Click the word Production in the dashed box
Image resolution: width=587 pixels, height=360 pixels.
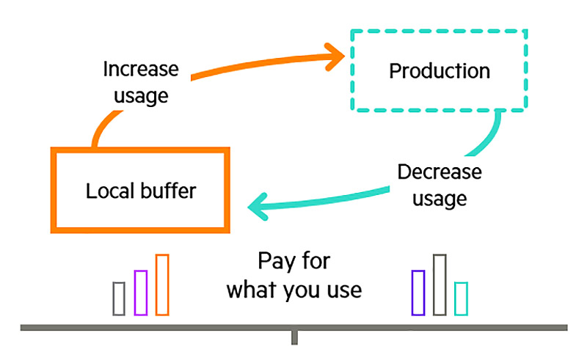[440, 70]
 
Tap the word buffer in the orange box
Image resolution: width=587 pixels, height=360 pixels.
[169, 191]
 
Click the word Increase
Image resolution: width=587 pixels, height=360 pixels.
[141, 69]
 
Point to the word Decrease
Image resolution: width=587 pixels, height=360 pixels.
[440, 172]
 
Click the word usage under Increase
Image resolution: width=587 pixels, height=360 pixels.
[141, 96]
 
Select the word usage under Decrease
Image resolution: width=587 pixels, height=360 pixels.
[440, 199]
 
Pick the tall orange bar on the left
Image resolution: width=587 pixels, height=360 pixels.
[162, 284]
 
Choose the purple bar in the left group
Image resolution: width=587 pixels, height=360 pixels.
[141, 293]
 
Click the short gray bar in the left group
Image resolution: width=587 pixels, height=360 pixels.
[119, 298]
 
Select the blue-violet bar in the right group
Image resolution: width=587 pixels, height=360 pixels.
[418, 293]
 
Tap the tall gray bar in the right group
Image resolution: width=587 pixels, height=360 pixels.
[440, 284]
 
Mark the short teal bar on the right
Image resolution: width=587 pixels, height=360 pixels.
[462, 298]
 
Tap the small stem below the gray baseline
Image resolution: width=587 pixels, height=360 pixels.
[295, 337]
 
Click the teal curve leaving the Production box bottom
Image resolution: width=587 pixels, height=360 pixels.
[489, 136]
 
